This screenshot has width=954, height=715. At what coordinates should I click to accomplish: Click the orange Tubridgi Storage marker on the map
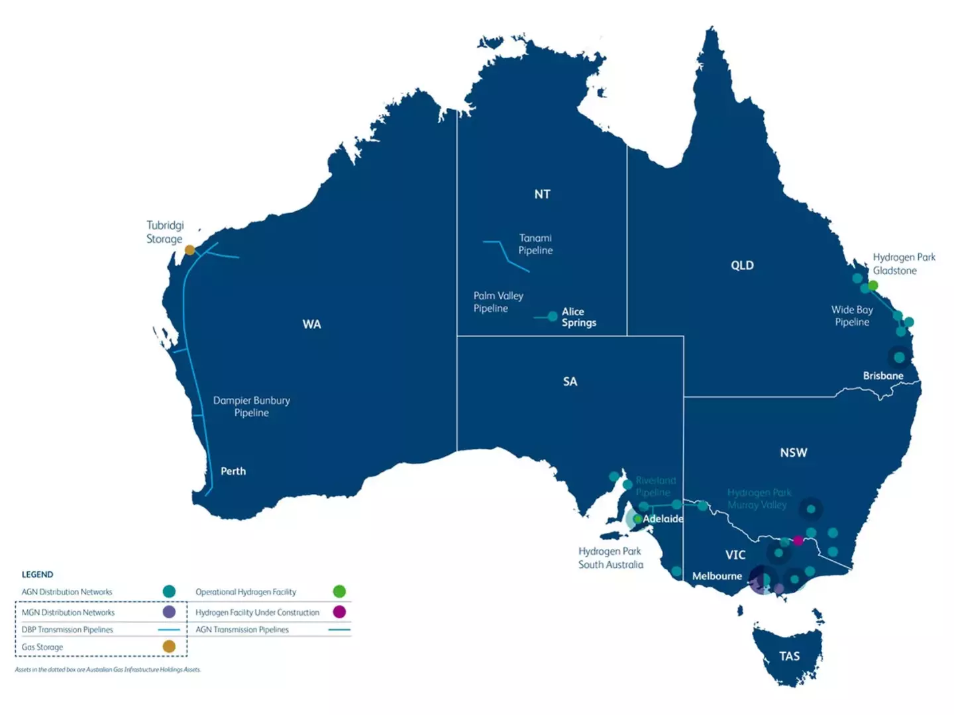click(189, 250)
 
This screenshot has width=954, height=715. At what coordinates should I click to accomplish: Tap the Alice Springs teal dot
click(553, 316)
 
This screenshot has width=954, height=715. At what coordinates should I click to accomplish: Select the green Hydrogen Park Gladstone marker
click(873, 285)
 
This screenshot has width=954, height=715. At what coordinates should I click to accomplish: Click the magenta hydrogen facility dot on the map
click(798, 541)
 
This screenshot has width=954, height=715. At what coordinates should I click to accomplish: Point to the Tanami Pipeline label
click(535, 244)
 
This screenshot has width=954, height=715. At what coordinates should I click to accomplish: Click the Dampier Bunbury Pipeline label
click(251, 406)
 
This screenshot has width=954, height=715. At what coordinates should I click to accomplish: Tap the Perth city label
click(233, 471)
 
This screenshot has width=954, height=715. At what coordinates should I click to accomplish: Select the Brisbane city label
click(882, 376)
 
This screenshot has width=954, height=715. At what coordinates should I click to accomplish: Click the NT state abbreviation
click(542, 194)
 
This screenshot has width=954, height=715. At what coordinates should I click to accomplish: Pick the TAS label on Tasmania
click(789, 656)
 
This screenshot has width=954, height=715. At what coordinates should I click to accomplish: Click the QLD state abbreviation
click(742, 265)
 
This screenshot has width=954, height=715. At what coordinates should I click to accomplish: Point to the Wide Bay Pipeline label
click(852, 316)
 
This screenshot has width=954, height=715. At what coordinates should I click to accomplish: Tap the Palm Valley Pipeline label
click(498, 302)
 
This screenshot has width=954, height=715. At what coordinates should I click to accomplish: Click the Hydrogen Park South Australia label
click(610, 558)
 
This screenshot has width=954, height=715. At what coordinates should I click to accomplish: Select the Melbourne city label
click(717, 576)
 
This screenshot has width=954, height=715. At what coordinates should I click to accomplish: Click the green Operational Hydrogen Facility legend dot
click(339, 591)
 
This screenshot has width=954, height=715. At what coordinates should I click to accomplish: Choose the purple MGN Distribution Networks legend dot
click(169, 612)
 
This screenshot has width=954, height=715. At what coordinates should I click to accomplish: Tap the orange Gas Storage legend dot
click(169, 646)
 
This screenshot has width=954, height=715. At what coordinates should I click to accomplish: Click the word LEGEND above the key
click(37, 575)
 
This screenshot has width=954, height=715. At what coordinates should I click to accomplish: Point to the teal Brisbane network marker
click(899, 358)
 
